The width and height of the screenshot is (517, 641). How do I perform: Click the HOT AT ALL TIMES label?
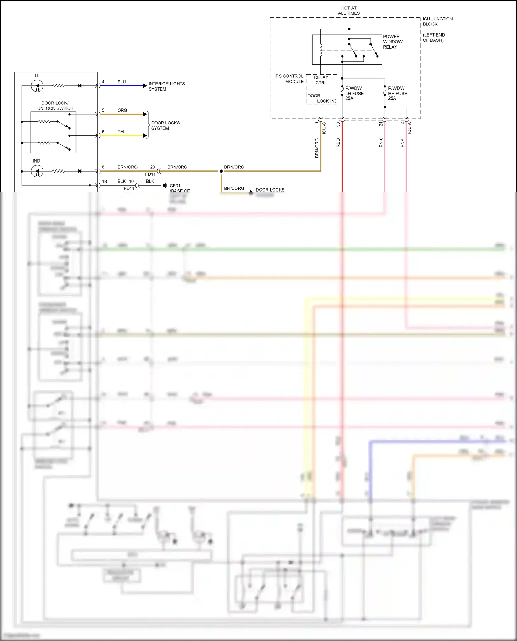[349, 11]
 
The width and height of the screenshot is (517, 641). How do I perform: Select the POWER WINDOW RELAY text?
[392, 42]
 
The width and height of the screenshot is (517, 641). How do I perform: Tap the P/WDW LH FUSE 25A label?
[354, 93]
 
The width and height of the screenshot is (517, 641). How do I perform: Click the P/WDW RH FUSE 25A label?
[397, 93]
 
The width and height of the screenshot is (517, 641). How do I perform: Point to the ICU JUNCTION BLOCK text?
[437, 21]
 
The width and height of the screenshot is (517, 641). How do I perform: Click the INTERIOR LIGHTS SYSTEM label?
[166, 86]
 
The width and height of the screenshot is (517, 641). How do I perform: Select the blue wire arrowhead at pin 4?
[145, 86]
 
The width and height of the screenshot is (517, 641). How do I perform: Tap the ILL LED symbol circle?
[37, 86]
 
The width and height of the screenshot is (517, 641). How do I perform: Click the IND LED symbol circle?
[37, 171]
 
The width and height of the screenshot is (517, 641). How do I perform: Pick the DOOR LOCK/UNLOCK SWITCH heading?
[55, 106]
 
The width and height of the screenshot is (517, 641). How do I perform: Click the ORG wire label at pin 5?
[122, 110]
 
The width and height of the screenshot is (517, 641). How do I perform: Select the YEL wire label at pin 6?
[121, 132]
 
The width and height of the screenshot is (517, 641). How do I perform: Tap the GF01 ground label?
[175, 186]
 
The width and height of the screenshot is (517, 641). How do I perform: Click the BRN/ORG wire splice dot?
[221, 171]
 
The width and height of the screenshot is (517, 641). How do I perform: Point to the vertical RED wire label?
[338, 143]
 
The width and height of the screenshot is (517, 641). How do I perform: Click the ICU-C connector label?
[324, 128]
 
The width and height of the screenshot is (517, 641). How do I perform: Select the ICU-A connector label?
[409, 128]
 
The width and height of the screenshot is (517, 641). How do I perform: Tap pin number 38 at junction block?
[338, 124]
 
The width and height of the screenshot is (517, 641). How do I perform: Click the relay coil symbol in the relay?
[321, 50]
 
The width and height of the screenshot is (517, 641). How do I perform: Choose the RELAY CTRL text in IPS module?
[321, 80]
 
